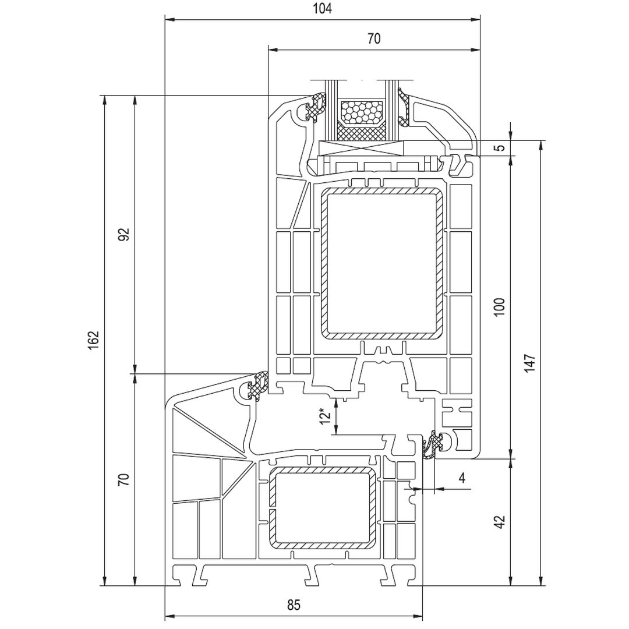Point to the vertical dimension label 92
point(124,234)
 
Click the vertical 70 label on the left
point(123,480)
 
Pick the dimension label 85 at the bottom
point(294,605)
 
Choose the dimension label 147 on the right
point(529,363)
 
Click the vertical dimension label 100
point(499,307)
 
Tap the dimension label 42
point(499,522)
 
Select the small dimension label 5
point(499,147)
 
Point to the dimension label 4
point(462,478)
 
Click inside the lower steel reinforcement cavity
point(322,507)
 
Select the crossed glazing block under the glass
point(361,148)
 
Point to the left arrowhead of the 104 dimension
point(169,20)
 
